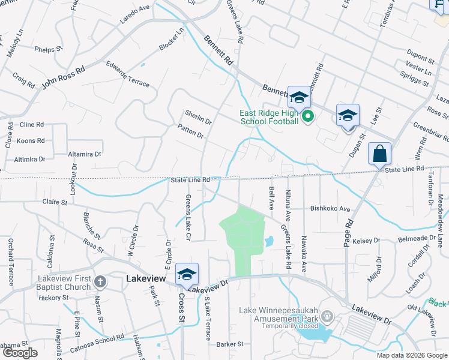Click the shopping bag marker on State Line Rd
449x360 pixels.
pos(380,154)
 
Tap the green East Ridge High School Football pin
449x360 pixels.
pos(307,116)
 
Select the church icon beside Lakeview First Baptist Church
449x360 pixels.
pos(100,281)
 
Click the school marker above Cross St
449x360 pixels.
pos(187,275)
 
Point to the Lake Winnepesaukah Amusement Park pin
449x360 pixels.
pos(327,316)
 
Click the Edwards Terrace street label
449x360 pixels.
pos(128,74)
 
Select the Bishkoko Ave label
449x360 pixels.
pos(330,209)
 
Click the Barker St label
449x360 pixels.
pos(230,344)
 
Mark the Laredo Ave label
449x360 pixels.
pos(134,13)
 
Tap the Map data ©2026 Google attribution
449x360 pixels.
pos(412,355)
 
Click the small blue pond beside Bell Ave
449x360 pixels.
pos(269,241)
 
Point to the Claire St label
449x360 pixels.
pos(55,202)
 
